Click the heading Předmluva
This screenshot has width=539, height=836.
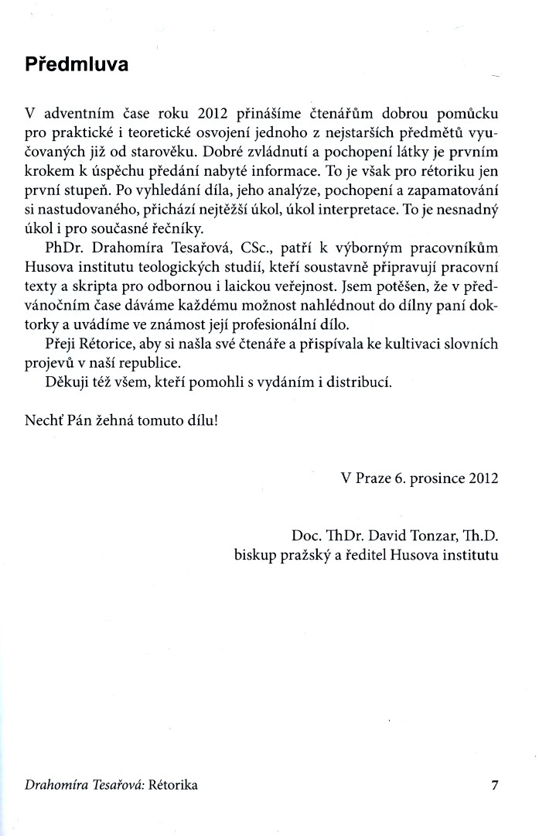point(77,65)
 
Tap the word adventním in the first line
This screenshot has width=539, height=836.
point(77,111)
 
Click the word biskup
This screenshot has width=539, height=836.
point(254,554)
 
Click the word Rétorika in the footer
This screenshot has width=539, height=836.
point(172,785)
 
